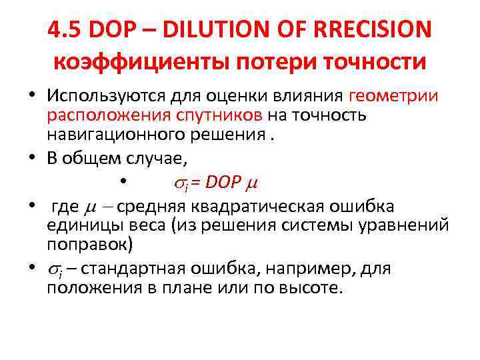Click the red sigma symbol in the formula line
pyautogui.click(x=177, y=181)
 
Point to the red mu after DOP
pyautogui.click(x=250, y=182)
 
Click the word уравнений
pyautogui.click(x=400, y=225)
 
